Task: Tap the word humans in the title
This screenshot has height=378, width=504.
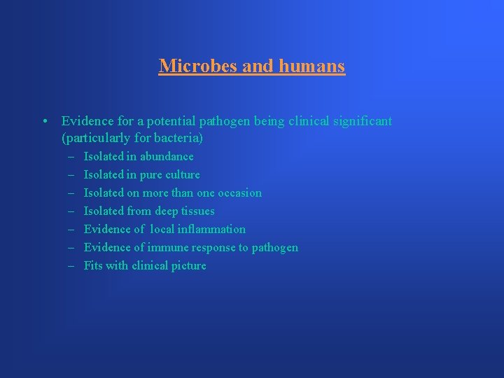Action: pos(312,66)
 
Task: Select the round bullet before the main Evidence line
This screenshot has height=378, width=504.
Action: pos(44,122)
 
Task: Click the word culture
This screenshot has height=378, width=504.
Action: pos(183,174)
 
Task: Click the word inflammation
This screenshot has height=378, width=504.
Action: pos(211,229)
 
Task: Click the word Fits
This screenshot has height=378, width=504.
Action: pos(93,265)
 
